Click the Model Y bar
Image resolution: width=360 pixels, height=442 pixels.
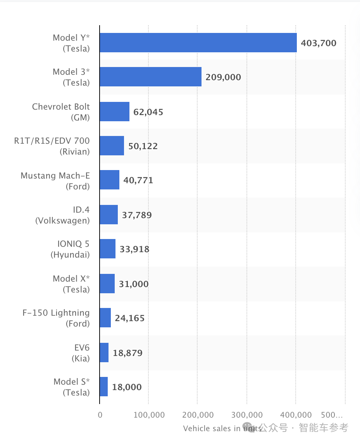coord(198,43)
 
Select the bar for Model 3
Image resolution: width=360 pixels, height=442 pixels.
coord(150,77)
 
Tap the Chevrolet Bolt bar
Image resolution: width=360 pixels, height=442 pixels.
coord(114,112)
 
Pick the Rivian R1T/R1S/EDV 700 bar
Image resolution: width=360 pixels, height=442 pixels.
coord(112,146)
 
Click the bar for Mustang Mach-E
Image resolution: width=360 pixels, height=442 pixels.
coord(109,180)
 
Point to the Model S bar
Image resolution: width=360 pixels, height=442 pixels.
coord(103,387)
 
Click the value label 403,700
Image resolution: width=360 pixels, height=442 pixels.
coord(319,43)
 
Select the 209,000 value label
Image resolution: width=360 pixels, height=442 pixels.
coord(223,77)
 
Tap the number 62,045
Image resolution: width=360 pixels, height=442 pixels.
coord(148,112)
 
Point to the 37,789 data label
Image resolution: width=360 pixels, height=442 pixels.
coord(137,215)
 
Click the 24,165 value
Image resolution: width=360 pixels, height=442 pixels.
coord(130,318)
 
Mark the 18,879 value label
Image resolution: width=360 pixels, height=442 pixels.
coord(127,353)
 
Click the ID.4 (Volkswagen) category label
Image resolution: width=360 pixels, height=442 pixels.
coord(62,215)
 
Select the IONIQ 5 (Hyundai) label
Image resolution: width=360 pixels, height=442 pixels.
coord(70,249)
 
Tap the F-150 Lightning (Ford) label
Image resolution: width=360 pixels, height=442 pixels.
coord(56,318)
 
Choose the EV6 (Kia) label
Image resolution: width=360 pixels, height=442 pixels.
coord(81,353)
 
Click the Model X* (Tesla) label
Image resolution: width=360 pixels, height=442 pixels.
coord(71,284)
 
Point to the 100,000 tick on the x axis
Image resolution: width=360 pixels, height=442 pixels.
coord(149,415)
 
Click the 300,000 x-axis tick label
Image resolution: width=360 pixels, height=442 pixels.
coord(247,415)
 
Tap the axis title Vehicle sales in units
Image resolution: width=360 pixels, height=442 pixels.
coord(222,428)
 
